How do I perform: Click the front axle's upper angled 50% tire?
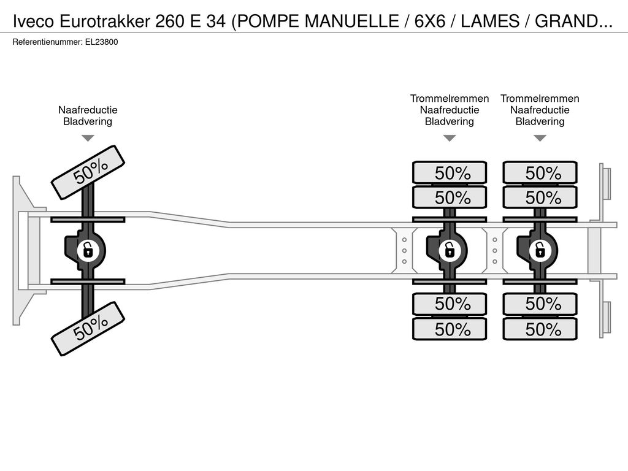(x=88, y=172)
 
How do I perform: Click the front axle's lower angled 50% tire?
(x=88, y=329)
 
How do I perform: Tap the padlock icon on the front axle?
(x=88, y=251)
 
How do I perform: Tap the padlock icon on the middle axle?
(x=450, y=251)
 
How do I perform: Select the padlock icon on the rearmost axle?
(x=540, y=251)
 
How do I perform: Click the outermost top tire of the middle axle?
(x=450, y=172)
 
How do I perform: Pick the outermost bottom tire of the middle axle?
(x=450, y=329)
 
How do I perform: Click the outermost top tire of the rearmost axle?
(x=540, y=172)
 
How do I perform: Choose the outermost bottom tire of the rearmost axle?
(x=540, y=329)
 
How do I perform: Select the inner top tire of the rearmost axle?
(x=540, y=197)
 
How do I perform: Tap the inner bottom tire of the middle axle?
(x=450, y=304)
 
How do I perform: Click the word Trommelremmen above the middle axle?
(x=450, y=99)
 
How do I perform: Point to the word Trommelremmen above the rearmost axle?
(x=540, y=99)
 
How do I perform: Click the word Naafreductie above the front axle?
(x=88, y=110)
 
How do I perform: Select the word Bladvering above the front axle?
(x=88, y=121)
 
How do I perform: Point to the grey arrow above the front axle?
(x=88, y=138)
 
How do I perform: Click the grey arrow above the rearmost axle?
(x=540, y=138)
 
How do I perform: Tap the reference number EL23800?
(x=101, y=42)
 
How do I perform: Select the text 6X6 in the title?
(x=430, y=21)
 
